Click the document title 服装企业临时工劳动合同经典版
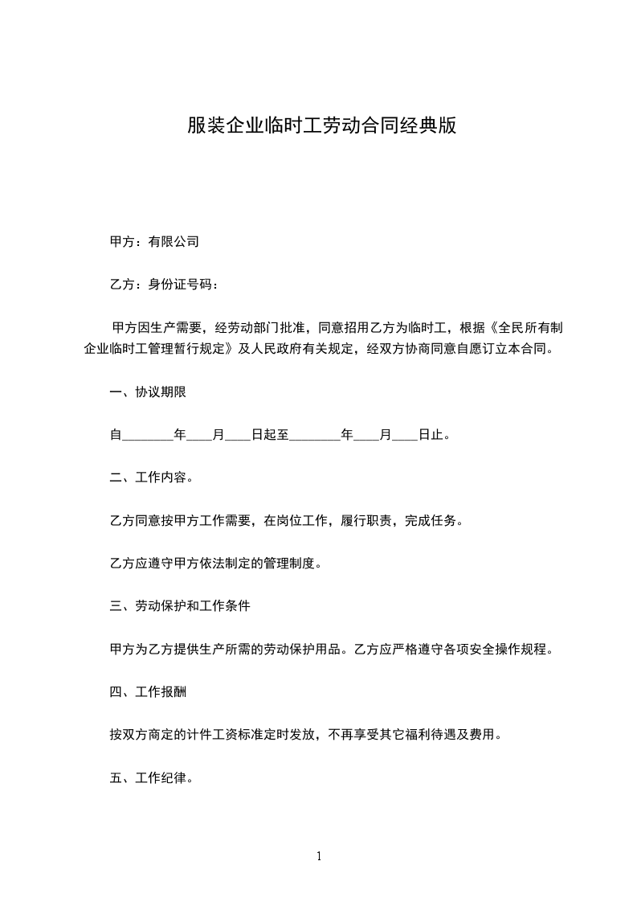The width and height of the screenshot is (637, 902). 321,126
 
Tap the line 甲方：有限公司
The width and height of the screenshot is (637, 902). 154,240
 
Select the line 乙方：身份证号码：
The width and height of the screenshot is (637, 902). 163,284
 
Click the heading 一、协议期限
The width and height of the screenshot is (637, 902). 149,392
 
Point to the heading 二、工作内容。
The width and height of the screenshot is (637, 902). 151,478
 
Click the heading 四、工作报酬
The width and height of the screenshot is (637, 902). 149,691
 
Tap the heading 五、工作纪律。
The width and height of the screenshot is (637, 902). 151,778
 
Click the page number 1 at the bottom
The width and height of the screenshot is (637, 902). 319,856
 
